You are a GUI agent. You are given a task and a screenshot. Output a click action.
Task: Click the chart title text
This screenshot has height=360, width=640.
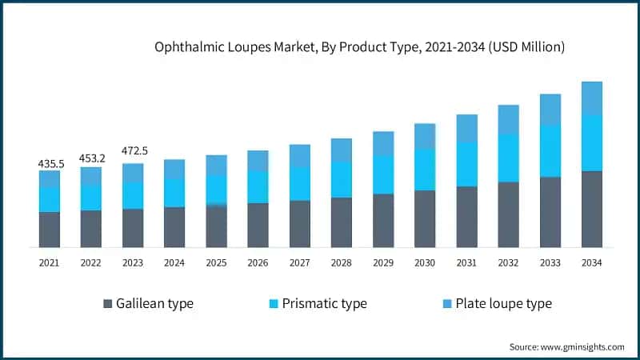tap(359, 48)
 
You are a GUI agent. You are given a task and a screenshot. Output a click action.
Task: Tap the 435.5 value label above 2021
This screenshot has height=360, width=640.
tap(50, 163)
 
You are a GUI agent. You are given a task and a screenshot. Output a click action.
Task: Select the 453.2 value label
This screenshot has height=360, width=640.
tap(92, 158)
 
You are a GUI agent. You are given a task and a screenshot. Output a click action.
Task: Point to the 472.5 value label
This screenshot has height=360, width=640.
tap(134, 151)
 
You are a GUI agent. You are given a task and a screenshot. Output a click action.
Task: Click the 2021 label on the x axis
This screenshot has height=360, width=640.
tap(50, 262)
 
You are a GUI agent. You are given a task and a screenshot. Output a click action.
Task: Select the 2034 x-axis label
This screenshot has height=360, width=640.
tap(592, 262)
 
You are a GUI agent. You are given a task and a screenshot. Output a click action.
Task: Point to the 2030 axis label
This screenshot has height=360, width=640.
tap(425, 262)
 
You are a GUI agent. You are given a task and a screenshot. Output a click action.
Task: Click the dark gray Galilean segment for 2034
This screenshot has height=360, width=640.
tap(592, 209)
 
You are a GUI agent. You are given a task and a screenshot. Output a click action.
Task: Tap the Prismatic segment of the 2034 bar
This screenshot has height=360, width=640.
tap(592, 142)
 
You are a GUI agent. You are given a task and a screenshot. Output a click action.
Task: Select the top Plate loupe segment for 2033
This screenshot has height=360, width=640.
tap(550, 110)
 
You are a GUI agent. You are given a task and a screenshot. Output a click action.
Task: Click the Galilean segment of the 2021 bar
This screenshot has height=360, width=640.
tap(50, 230)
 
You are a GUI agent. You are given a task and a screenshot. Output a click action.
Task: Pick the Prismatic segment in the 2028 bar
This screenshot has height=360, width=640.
tap(342, 179)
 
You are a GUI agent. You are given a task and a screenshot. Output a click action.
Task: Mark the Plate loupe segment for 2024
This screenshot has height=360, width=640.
tap(174, 169)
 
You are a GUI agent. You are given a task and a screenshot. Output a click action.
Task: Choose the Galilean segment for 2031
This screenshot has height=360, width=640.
tap(466, 217)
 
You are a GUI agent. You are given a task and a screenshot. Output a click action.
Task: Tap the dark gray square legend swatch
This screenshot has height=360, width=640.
tap(107, 304)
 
